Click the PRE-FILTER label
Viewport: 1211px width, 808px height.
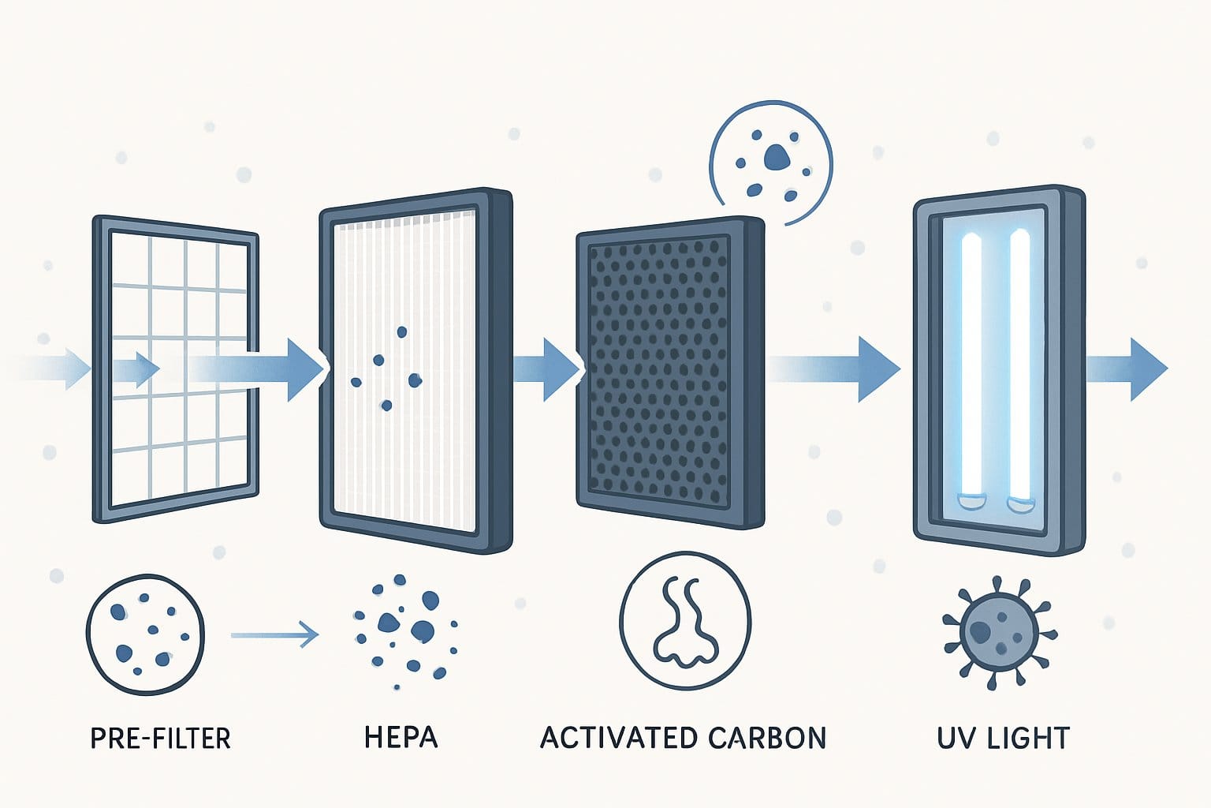point(160,738)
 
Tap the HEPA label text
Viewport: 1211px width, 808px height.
point(401,737)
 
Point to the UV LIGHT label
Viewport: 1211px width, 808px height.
point(1003,738)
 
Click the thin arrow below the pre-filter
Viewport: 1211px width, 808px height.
point(274,634)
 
